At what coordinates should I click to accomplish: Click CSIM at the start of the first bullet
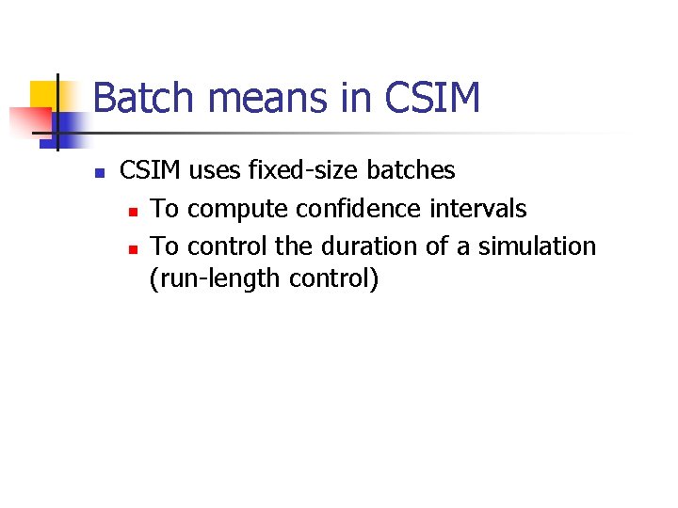pyautogui.click(x=152, y=170)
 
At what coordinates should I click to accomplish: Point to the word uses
pyautogui.click(x=214, y=170)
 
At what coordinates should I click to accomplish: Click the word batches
pyautogui.click(x=411, y=170)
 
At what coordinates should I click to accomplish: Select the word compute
pyautogui.click(x=237, y=209)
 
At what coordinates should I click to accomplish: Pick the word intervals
pyautogui.click(x=479, y=209)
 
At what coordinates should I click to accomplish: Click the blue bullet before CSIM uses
pyautogui.click(x=99, y=173)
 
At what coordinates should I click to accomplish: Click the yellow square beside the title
pyautogui.click(x=43, y=94)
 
